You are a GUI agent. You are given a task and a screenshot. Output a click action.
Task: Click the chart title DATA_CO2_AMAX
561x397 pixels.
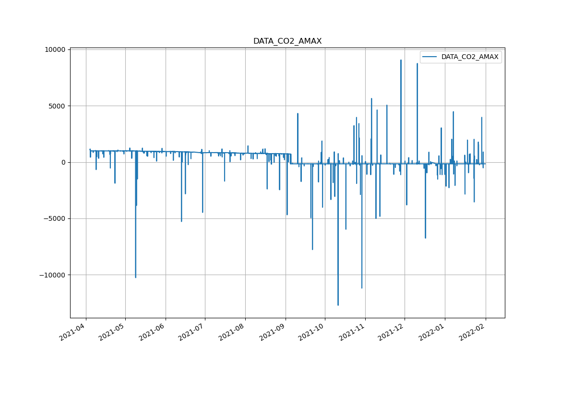click(x=287, y=41)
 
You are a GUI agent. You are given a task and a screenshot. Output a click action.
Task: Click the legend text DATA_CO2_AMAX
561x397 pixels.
click(x=469, y=57)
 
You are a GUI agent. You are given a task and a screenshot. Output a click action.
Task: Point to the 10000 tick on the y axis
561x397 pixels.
click(x=54, y=50)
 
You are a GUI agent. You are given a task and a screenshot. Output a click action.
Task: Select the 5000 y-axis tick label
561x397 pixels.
click(x=56, y=106)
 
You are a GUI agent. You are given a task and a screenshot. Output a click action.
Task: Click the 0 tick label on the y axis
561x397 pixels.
click(x=62, y=162)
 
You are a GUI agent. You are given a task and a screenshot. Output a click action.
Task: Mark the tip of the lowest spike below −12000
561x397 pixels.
click(x=338, y=305)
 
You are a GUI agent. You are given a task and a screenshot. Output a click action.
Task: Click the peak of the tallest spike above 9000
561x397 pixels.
click(x=401, y=60)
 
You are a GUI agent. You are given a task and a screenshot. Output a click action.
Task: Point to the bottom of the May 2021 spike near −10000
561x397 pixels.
click(x=135, y=277)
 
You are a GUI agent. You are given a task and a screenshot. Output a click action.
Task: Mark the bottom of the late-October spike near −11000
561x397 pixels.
click(x=362, y=288)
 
